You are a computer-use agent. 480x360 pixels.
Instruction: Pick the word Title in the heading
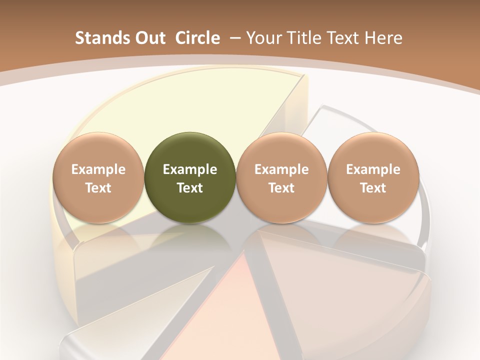pyautogui.click(x=305, y=38)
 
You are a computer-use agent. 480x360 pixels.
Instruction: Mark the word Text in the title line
pyautogui.click(x=343, y=38)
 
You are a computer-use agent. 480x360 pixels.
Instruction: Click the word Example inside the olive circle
pyautogui.click(x=190, y=169)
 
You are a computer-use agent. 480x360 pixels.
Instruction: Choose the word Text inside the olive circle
pyautogui.click(x=190, y=188)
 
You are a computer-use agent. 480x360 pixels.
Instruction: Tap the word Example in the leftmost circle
pyautogui.click(x=98, y=169)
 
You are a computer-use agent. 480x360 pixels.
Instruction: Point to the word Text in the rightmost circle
pyautogui.click(x=373, y=188)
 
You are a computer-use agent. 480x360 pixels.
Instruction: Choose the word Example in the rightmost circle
pyautogui.click(x=373, y=169)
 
